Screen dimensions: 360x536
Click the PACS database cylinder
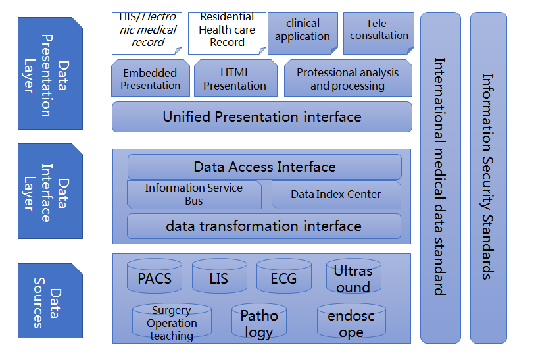pyautogui.click(x=154, y=277)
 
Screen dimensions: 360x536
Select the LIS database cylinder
pyautogui.click(x=219, y=277)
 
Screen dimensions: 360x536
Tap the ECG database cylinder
pyautogui.click(x=283, y=277)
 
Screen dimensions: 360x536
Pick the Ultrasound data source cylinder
pyautogui.click(x=353, y=277)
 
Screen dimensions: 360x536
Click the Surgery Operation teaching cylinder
pyautogui.click(x=172, y=322)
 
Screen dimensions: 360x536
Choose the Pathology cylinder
pyautogui.click(x=259, y=323)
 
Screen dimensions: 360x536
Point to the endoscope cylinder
pyautogui.click(x=351, y=323)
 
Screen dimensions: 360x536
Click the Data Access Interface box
pyautogui.click(x=264, y=167)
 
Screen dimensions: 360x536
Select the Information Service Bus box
pyautogui.click(x=194, y=195)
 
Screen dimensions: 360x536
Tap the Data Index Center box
pyautogui.click(x=336, y=195)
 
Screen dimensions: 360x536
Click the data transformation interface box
pyautogui.click(x=264, y=226)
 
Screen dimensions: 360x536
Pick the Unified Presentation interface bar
pyautogui.click(x=262, y=117)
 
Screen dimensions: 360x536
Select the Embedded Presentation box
pyautogui.click(x=151, y=78)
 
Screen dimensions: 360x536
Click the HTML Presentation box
pyautogui.click(x=235, y=78)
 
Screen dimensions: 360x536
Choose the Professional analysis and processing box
pyautogui.click(x=347, y=78)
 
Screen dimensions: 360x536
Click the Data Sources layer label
pyautogui.click(x=50, y=300)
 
